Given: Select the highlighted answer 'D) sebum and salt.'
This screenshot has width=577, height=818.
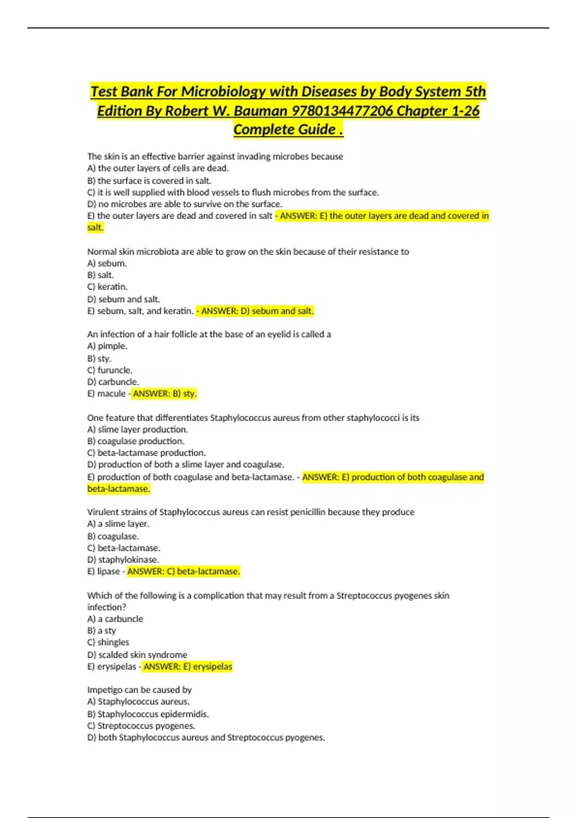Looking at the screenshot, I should (257, 311).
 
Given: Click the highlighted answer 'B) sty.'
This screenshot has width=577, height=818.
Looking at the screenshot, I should (164, 394).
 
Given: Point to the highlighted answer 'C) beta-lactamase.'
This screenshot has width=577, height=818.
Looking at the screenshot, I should (183, 572).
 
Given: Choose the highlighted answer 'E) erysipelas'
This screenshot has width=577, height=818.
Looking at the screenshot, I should (188, 666).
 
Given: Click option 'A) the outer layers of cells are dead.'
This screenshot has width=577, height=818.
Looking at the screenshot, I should (158, 168).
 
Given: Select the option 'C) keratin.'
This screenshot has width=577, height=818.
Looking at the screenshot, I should (107, 287).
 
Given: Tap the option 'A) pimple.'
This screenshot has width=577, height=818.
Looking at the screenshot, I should (107, 346).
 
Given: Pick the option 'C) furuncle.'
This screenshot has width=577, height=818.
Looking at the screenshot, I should (110, 370).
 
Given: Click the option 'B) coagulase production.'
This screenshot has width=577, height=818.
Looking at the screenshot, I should (136, 441).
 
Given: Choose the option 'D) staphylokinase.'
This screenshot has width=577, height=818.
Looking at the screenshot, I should (123, 560).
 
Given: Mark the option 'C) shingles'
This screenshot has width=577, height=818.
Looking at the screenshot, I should (108, 642).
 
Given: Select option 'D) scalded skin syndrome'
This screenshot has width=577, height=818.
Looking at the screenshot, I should (137, 655).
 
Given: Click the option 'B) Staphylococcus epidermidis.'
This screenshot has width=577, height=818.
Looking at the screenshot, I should (148, 714).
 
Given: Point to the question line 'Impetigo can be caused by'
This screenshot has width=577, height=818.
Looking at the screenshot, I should (139, 690).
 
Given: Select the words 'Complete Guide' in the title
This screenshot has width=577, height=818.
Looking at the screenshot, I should (284, 130).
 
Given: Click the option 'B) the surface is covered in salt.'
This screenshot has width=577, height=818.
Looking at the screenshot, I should (149, 181).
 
